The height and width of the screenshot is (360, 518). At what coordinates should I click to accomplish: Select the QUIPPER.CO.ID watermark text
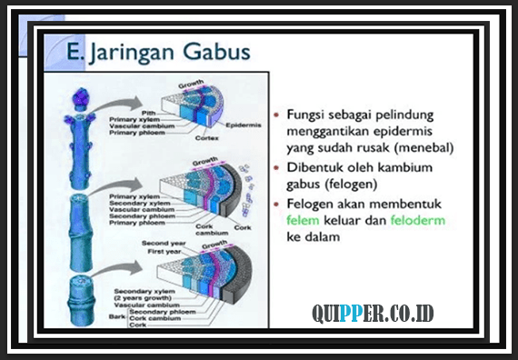pyautogui.click(x=373, y=314)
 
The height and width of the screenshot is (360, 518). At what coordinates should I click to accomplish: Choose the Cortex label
pyautogui.click(x=207, y=138)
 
